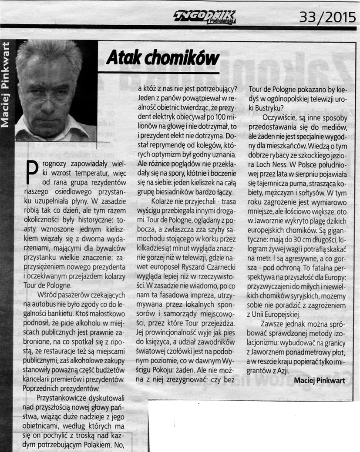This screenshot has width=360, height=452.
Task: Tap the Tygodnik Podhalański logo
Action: (x=205, y=18)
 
